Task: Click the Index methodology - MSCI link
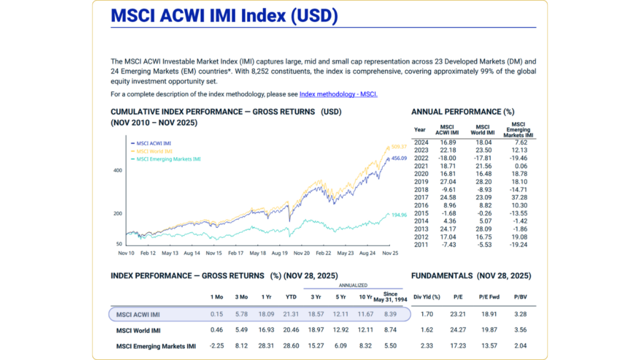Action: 338,94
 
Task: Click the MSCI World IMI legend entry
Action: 153,151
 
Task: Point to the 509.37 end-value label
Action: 399,146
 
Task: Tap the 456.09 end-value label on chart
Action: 399,158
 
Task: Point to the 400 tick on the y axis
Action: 117,170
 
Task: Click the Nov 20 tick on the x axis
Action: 302,254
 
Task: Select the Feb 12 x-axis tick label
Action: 148,254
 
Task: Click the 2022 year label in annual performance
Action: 420,159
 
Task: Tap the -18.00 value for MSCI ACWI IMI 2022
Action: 448,159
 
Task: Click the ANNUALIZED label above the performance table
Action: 353,285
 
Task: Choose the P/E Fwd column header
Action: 487,297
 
